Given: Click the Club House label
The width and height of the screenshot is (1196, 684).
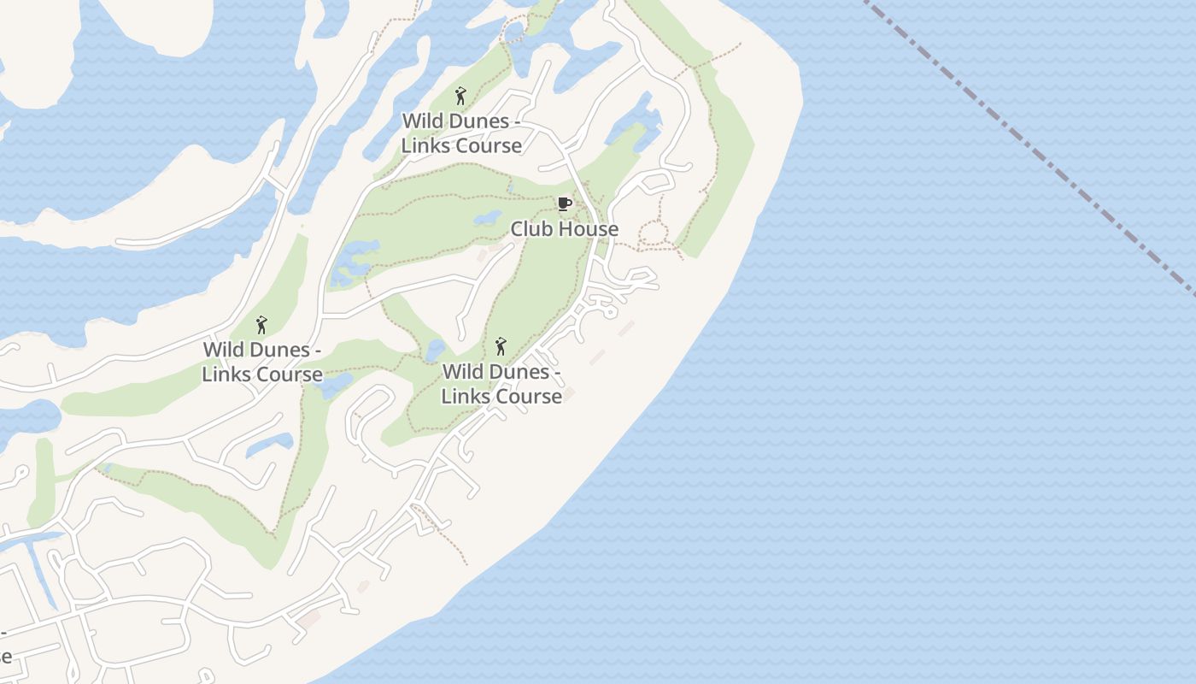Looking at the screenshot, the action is click(564, 229).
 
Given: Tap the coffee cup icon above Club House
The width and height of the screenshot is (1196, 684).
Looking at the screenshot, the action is click(564, 203).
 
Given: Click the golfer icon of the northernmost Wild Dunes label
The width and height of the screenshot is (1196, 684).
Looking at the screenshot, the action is click(461, 96).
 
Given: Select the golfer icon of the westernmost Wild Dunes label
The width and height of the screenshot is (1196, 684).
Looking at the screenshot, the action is click(262, 325).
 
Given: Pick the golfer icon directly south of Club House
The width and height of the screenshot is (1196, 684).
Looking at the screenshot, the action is click(501, 346).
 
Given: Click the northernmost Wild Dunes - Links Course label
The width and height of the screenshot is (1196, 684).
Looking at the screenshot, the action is click(461, 133).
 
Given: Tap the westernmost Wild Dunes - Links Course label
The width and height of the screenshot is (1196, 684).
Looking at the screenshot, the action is click(262, 362).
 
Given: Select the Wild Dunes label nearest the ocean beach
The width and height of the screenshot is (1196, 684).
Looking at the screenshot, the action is click(501, 384).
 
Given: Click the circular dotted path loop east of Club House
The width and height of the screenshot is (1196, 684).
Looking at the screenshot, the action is click(654, 233).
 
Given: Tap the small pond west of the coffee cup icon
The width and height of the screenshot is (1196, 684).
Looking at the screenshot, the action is click(488, 217).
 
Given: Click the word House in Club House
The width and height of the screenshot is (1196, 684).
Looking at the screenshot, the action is click(588, 229).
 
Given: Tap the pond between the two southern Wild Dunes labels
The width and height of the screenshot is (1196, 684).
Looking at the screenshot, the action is click(435, 350).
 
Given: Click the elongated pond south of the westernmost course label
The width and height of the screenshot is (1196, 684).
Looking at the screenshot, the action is click(269, 445).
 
